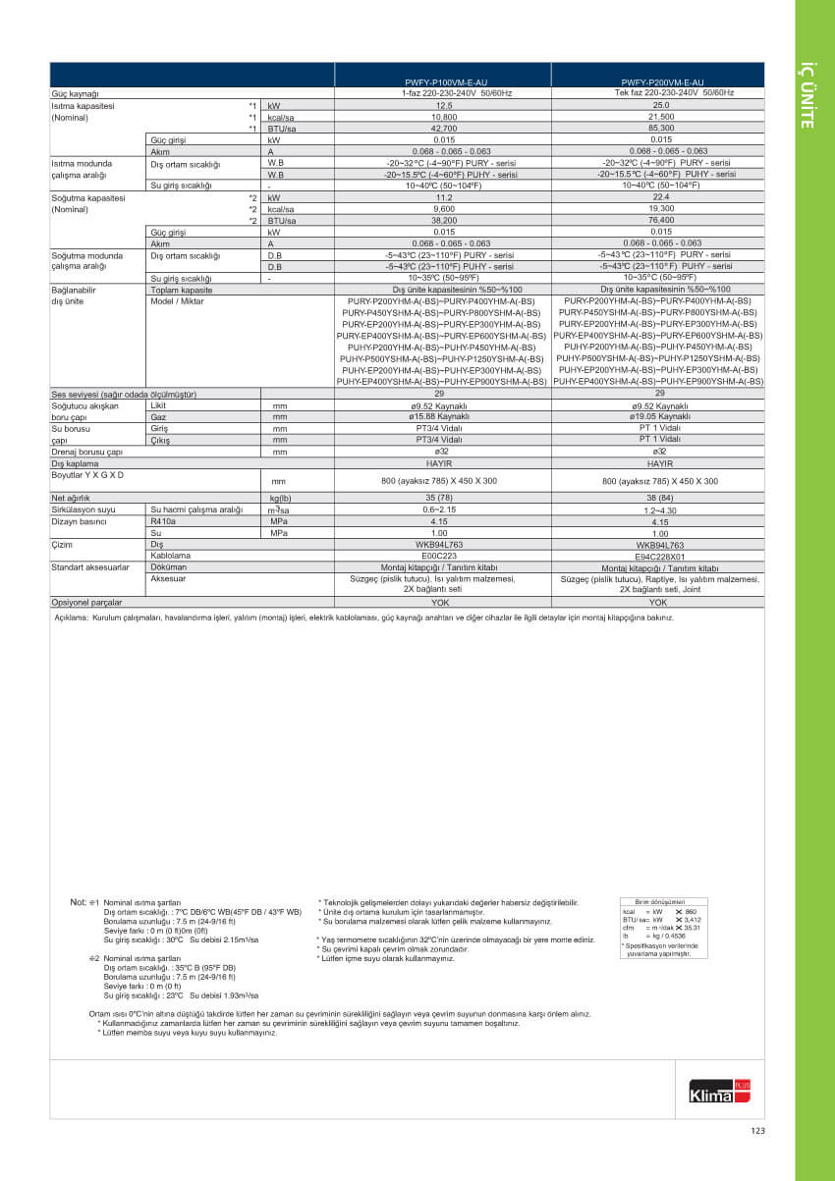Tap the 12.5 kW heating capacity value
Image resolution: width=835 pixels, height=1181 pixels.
443,104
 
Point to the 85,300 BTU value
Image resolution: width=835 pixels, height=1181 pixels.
660,128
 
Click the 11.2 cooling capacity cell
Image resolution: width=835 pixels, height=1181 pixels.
443,197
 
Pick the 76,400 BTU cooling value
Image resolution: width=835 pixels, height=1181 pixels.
660,221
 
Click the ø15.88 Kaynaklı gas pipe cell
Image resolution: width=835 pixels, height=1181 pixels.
443,416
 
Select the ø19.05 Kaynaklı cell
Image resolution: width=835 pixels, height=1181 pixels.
660,416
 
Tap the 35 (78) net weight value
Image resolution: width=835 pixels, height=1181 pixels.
443,498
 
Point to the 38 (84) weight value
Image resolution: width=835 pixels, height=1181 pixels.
660,498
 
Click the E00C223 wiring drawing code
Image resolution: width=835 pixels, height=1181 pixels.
443,556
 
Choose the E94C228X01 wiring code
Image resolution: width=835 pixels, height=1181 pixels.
660,556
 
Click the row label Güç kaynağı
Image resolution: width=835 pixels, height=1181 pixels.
77,92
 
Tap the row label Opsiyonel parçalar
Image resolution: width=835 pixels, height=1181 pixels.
86,603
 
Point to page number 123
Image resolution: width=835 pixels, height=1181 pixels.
756,1131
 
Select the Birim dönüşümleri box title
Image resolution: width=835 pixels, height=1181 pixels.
660,900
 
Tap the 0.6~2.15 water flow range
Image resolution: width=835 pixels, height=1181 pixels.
443,510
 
